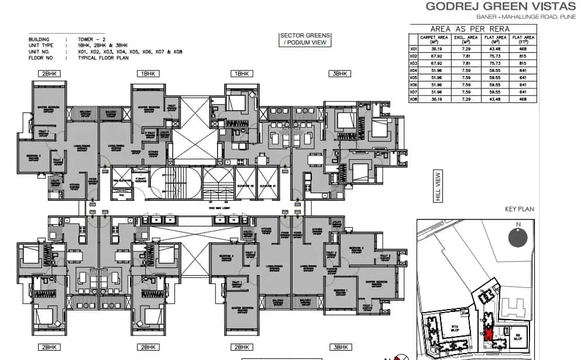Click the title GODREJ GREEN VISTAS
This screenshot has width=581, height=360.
tap(500, 7)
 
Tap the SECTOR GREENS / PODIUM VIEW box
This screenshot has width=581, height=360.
tap(305, 40)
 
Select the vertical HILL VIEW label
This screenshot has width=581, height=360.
tap(437, 187)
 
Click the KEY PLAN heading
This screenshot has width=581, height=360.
tap(519, 209)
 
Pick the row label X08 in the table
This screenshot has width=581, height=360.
tap(413, 99)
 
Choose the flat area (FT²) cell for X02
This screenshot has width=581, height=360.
tap(524, 56)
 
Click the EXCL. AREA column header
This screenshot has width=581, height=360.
tap(466, 39)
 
